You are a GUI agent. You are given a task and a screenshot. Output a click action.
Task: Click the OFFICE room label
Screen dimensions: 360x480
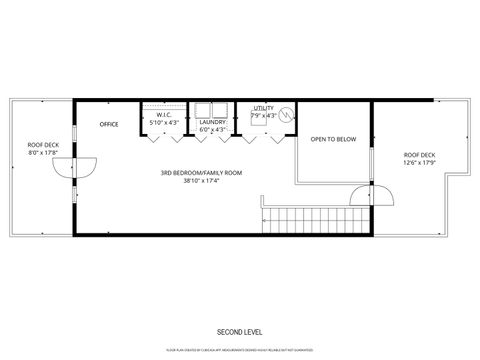pyautogui.click(x=109, y=124)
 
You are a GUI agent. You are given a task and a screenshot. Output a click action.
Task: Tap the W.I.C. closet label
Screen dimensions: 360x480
pyautogui.click(x=164, y=115)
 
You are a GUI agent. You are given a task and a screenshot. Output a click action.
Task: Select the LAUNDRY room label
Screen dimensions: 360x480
pyautogui.click(x=213, y=122)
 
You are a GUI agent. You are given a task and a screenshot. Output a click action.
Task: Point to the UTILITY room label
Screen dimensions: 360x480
pyautogui.click(x=263, y=107)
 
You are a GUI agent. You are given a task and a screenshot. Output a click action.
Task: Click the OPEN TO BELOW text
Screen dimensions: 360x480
pyautogui.click(x=333, y=139)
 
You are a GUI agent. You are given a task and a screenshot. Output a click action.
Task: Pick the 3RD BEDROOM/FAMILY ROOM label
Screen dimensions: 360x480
pyautogui.click(x=201, y=173)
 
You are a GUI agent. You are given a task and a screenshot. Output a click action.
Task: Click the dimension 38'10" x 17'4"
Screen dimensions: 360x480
pyautogui.click(x=201, y=181)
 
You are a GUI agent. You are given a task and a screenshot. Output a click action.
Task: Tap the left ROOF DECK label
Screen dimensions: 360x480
pyautogui.click(x=42, y=145)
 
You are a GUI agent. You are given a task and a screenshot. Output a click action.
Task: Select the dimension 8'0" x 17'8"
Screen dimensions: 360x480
pyautogui.click(x=42, y=153)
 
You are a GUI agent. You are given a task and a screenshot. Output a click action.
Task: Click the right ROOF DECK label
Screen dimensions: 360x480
pyautogui.click(x=419, y=154)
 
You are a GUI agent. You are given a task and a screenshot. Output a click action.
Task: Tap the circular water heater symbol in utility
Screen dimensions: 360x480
pyautogui.click(x=289, y=115)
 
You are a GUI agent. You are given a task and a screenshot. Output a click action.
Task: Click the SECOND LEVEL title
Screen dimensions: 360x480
pyautogui.click(x=240, y=331)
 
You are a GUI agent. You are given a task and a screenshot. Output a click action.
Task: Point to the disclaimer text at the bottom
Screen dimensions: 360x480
pyautogui.click(x=240, y=350)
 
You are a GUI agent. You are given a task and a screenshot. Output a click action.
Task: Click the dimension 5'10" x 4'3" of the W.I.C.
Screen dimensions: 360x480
pyautogui.click(x=164, y=123)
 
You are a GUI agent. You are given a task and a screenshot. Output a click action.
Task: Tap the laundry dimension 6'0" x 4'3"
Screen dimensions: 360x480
pyautogui.click(x=213, y=130)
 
